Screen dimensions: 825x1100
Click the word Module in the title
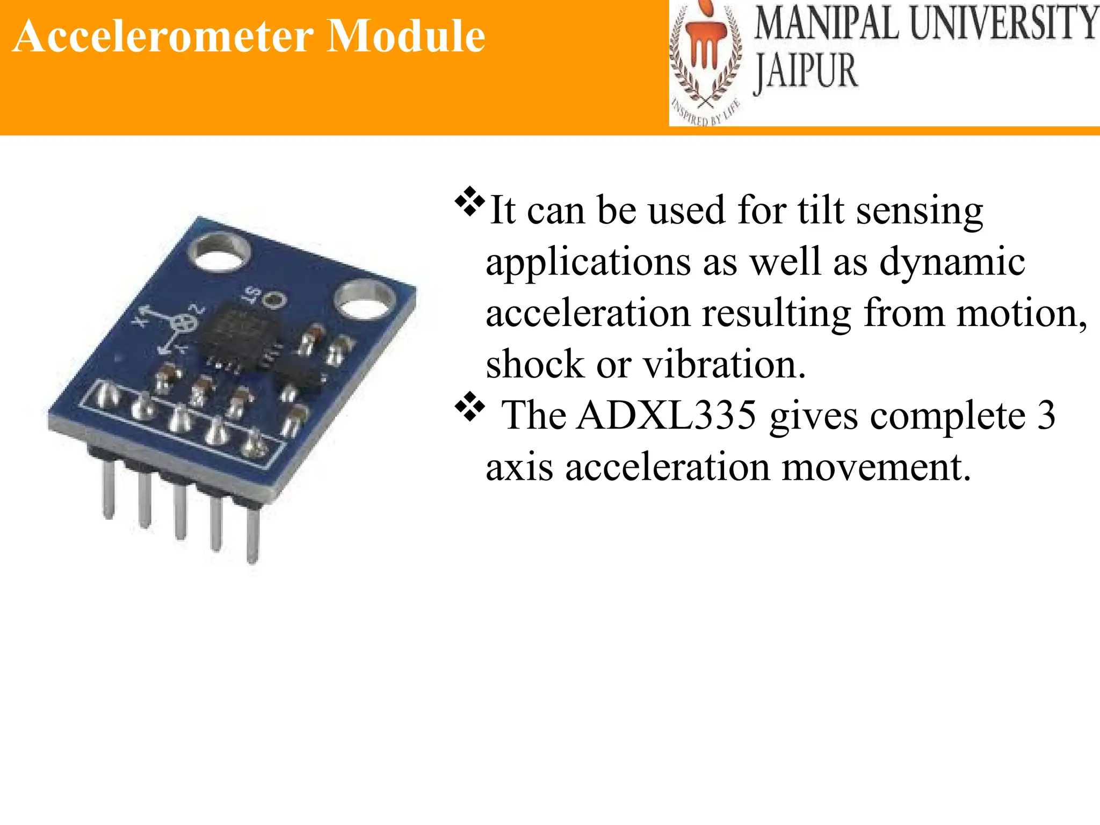406,37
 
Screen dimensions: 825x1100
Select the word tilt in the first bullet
820,210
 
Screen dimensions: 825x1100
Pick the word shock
535,365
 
